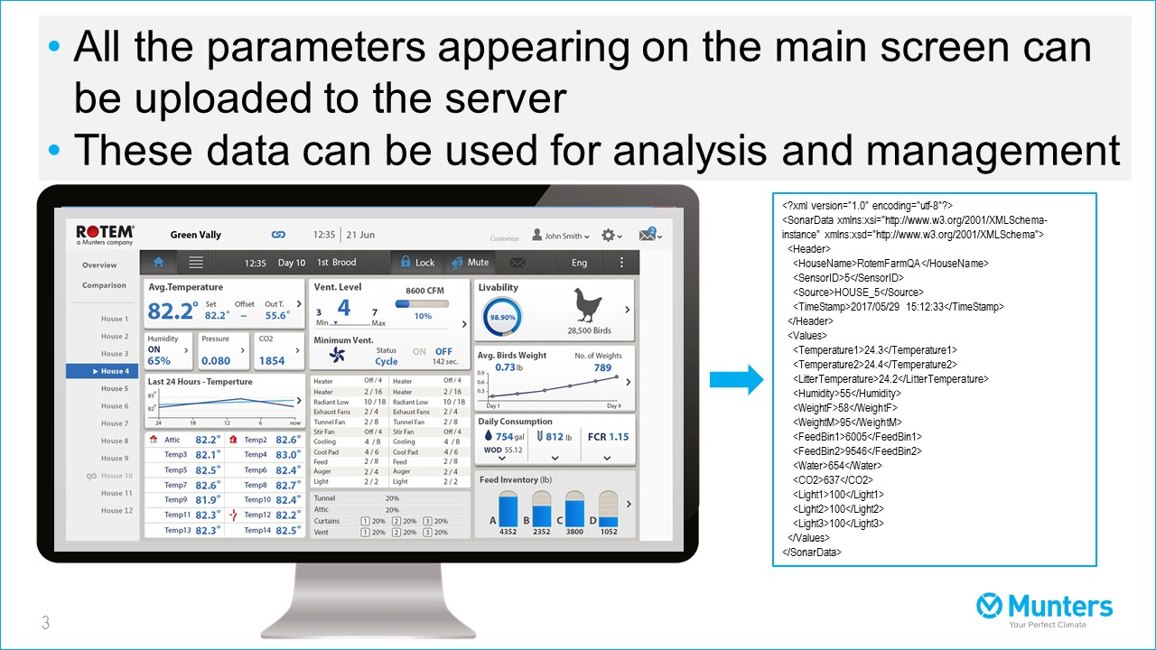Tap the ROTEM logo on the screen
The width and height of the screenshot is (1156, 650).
[105, 234]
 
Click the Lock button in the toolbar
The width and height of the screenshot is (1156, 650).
[417, 263]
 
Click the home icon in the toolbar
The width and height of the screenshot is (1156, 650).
[158, 263]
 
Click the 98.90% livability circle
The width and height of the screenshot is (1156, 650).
[502, 318]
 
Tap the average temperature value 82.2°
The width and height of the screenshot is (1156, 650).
[172, 311]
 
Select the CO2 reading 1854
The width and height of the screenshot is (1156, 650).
[272, 360]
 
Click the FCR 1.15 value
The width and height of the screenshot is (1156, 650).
[608, 437]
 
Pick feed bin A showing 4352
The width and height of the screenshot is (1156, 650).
[508, 511]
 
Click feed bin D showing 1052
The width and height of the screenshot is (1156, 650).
[609, 511]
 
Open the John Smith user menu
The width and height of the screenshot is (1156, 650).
[561, 236]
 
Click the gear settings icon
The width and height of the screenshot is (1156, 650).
[609, 235]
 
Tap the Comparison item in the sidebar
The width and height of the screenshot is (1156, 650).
[104, 285]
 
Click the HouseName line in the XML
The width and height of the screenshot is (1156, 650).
[890, 264]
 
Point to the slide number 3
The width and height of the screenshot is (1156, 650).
[44, 623]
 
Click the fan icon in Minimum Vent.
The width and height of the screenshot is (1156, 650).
[337, 356]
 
